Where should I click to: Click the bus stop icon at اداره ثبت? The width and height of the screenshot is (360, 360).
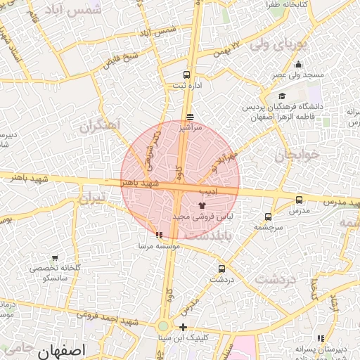point(186,75)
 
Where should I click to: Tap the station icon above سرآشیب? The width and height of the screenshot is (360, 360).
point(190,117)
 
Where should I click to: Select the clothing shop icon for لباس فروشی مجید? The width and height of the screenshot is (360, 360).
point(202,205)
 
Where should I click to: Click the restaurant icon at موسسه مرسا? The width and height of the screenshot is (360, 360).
point(160,236)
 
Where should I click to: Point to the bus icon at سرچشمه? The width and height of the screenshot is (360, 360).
point(268,217)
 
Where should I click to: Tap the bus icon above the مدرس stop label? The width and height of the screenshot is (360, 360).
point(300,200)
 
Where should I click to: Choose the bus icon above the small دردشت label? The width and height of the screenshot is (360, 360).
point(222,268)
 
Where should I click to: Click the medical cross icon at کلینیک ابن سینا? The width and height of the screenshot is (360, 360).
point(183,327)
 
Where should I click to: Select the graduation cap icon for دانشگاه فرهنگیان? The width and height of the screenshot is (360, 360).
point(282,97)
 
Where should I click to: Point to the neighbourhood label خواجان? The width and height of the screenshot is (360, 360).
point(297,154)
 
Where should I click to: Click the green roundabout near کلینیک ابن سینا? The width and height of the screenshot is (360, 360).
point(163,326)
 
